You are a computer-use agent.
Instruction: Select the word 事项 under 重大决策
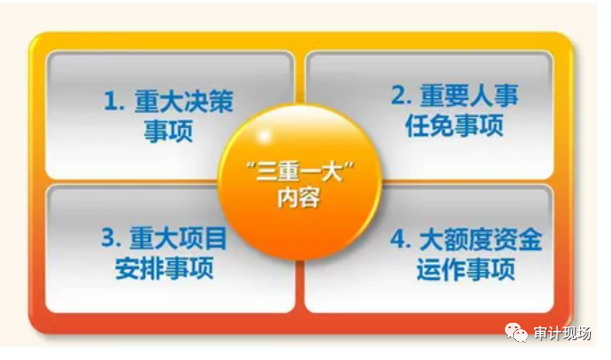pyautogui.click(x=169, y=131)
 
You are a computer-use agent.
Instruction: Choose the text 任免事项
pyautogui.click(x=454, y=125)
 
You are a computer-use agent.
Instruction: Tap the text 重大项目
pyautogui.click(x=178, y=240)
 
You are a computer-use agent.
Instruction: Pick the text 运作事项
pyautogui.click(x=467, y=269)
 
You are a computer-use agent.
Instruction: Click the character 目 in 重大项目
pyautogui.click(x=215, y=240)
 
